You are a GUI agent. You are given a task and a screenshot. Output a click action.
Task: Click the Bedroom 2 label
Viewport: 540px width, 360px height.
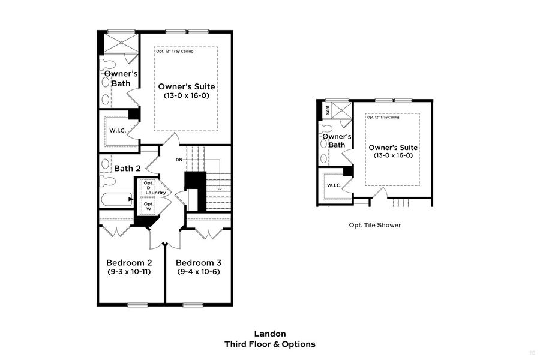(128, 263)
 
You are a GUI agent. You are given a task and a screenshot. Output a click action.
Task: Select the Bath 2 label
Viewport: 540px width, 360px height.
(127, 169)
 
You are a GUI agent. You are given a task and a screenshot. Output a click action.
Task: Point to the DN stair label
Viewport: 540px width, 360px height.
(179, 160)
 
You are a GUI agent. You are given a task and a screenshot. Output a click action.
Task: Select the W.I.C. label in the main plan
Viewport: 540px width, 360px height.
(117, 130)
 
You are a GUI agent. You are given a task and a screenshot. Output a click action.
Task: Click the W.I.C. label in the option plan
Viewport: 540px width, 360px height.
(334, 185)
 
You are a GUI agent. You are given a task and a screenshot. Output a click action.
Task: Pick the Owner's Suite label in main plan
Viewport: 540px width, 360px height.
(186, 87)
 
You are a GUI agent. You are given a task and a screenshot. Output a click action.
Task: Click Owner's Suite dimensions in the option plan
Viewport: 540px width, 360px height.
(392, 155)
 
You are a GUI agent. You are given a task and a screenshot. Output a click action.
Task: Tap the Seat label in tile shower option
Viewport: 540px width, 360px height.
(328, 110)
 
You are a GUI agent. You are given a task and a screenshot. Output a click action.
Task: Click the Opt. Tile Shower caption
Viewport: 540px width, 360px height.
(374, 225)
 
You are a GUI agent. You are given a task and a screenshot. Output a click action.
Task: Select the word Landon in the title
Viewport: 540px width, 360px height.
(269, 334)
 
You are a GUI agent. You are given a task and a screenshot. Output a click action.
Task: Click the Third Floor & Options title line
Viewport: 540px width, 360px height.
(269, 344)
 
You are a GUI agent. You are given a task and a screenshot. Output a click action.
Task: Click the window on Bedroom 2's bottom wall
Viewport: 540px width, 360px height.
(137, 304)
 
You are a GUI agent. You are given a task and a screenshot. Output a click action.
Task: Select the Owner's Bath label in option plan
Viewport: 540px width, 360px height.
(333, 140)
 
